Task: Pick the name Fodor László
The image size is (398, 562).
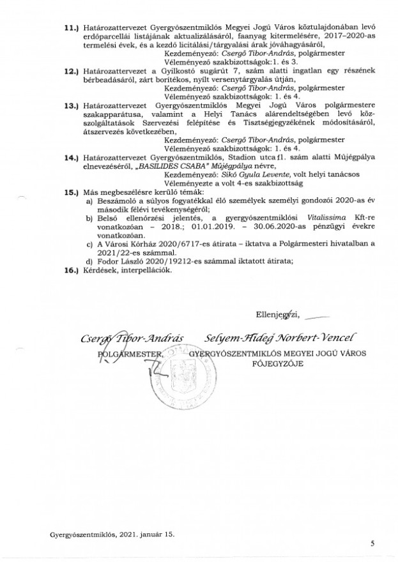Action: (117, 262)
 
